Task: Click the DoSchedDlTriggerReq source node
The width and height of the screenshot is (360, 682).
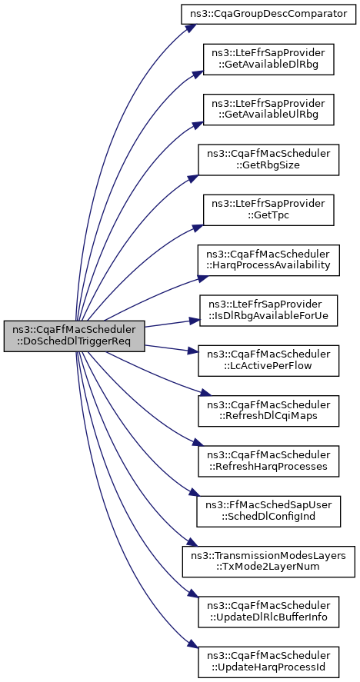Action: (x=74, y=336)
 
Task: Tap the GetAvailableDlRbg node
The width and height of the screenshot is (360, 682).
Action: (x=268, y=59)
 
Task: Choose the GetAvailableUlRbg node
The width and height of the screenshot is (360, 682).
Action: (x=268, y=110)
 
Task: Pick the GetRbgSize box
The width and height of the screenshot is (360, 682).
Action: (x=268, y=160)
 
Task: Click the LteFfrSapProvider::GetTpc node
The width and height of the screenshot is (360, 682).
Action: (x=268, y=210)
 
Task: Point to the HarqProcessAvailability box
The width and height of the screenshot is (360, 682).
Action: (x=268, y=260)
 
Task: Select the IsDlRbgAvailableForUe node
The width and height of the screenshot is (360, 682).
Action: (x=268, y=311)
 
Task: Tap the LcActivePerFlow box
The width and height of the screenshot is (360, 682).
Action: (x=268, y=361)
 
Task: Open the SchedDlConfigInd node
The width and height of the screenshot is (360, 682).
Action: (x=268, y=511)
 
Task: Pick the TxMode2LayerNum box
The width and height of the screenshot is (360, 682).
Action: (x=268, y=561)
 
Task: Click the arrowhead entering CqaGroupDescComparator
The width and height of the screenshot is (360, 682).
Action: (x=187, y=28)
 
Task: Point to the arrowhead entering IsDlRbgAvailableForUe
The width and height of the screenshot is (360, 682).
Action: (x=194, y=321)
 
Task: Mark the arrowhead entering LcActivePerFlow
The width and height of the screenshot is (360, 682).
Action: (x=193, y=351)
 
